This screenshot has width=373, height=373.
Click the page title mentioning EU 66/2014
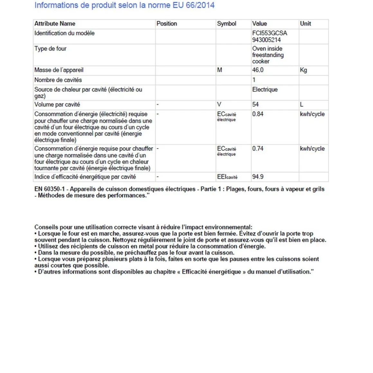coord(124,5)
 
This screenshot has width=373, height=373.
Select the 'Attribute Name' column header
coord(55,24)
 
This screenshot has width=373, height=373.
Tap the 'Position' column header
coord(167,24)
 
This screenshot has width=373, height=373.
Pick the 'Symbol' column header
coord(226,24)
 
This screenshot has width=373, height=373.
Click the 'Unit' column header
coord(305,24)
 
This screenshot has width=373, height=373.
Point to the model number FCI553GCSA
coord(269,33)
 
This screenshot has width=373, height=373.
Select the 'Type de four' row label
coord(50,49)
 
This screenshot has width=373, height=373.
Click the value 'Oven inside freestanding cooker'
coord(268,55)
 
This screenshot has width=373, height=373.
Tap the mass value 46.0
coord(258,70)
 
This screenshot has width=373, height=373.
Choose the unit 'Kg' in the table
coord(303,70)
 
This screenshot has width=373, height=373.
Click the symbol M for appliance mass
coord(219,70)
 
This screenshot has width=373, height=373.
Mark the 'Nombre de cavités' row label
coord(58,80)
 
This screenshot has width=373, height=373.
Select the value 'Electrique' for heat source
coord(265,90)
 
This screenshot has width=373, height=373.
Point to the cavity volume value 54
coord(255,105)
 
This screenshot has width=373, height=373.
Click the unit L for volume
coord(302,105)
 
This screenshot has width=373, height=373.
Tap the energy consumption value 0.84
coord(258,114)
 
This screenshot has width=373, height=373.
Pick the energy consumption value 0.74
coord(258,149)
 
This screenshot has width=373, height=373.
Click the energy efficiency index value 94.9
coord(258,177)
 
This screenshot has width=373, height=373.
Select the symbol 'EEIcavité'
coord(227,177)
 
